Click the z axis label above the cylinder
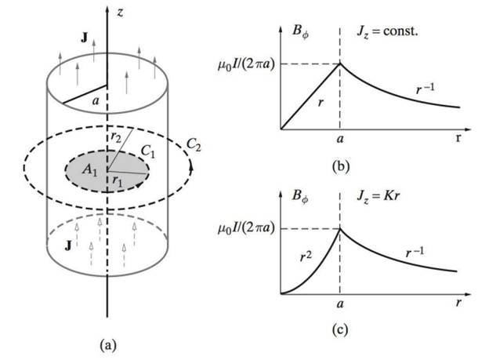[x=120, y=13]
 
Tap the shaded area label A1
[x=90, y=170]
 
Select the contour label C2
[x=194, y=144]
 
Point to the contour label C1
[x=148, y=151]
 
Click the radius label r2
[x=116, y=137]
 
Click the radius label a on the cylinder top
[x=96, y=101]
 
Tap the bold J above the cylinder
[x=84, y=38]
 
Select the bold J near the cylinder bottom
[x=68, y=245]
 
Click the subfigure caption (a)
[x=108, y=346]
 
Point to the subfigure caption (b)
[x=341, y=166]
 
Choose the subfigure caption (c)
[x=340, y=330]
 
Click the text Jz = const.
[x=387, y=31]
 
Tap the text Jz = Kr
[x=378, y=196]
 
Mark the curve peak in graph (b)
[x=340, y=64]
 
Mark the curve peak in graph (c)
[x=340, y=228]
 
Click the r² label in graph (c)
[x=306, y=256]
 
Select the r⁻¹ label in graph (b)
[x=425, y=89]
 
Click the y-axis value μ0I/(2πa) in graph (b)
[x=246, y=65]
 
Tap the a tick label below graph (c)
[x=340, y=304]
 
